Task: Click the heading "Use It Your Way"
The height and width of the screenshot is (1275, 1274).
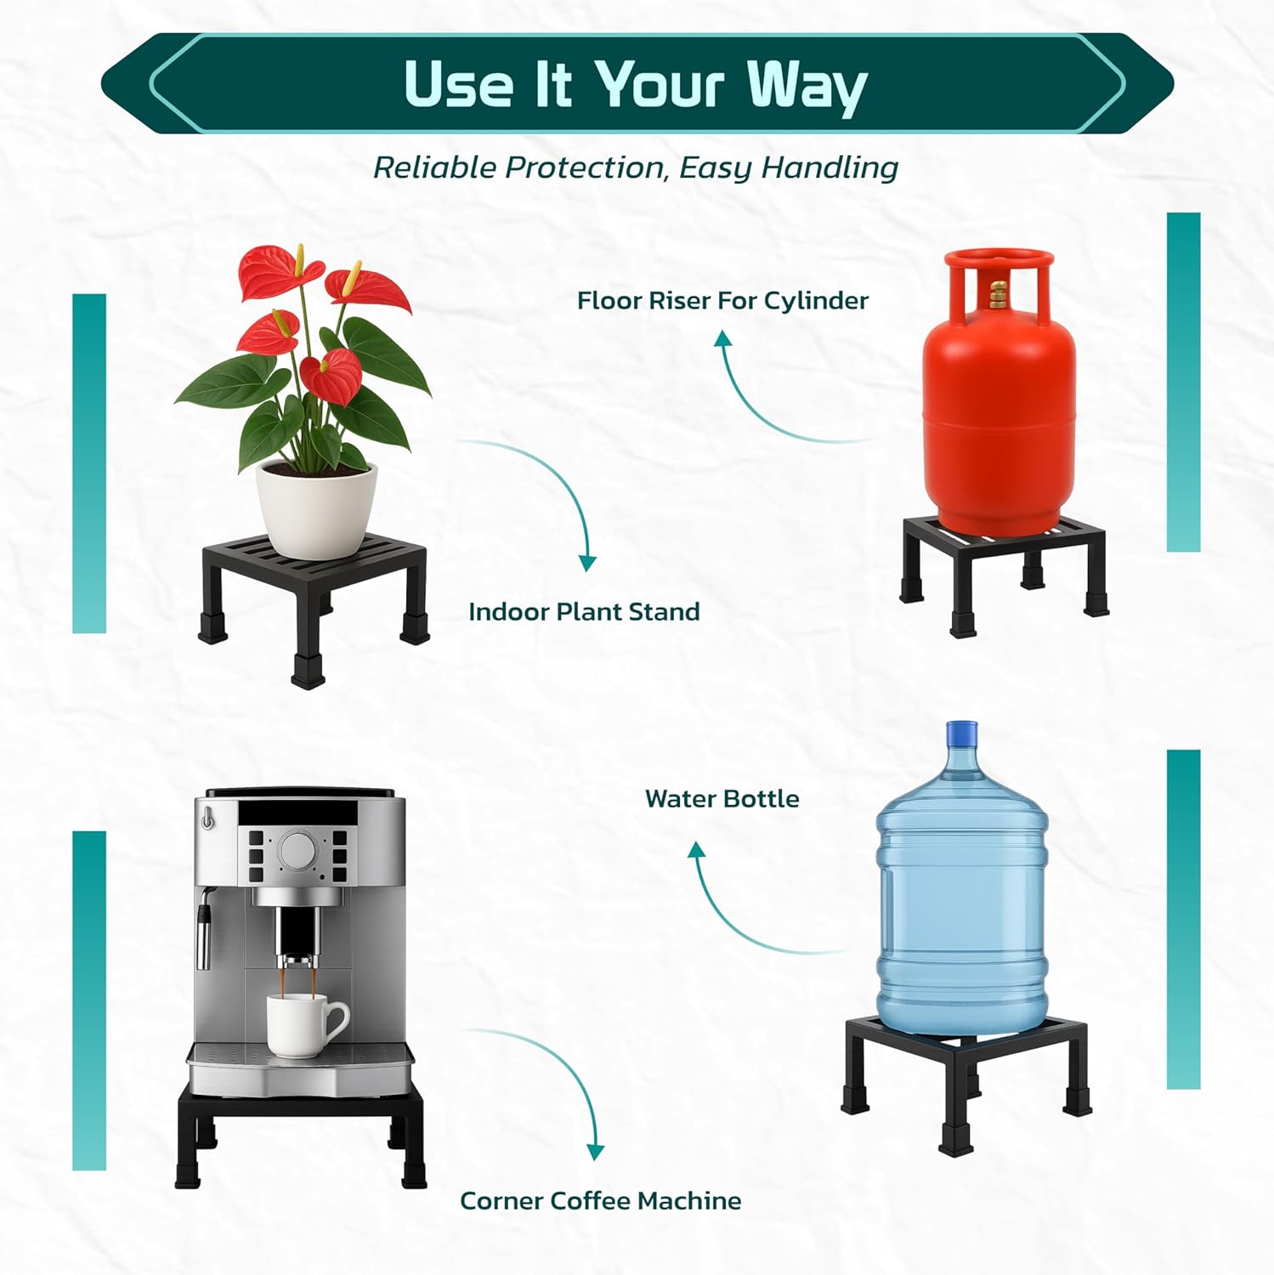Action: click(636, 86)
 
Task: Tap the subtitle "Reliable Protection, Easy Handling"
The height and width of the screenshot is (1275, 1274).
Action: click(636, 167)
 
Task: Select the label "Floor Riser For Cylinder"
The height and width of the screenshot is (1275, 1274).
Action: click(722, 301)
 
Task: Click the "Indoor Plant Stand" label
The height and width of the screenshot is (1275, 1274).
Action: click(584, 612)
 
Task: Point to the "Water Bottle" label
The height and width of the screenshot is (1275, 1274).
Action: click(722, 799)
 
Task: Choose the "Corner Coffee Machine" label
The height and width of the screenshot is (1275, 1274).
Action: click(600, 1201)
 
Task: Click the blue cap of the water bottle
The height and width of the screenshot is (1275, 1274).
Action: click(961, 733)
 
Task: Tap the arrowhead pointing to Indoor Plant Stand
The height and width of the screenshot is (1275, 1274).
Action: click(587, 563)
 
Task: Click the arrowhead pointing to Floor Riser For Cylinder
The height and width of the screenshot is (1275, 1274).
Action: click(722, 339)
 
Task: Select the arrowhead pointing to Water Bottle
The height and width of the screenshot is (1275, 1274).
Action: click(697, 850)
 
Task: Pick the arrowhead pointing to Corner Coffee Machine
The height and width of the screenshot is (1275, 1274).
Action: click(596, 1152)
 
